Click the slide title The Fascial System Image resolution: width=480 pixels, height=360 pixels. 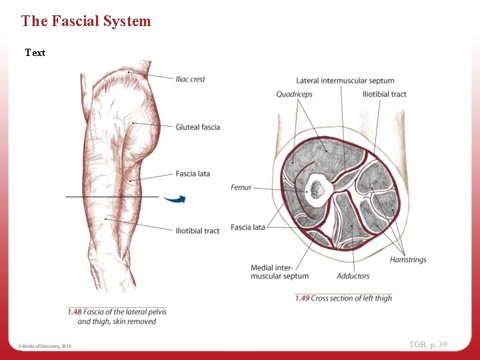[86, 21]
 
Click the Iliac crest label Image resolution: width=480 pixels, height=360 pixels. [190, 79]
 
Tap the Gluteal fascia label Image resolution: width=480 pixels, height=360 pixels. [197, 127]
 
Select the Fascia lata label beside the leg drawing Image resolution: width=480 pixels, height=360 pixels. [193, 174]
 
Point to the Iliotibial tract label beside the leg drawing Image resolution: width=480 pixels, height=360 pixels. [197, 231]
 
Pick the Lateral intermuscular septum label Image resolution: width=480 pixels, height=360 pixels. [345, 81]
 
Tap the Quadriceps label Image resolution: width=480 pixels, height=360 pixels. [294, 95]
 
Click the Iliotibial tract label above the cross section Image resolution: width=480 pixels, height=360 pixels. [384, 95]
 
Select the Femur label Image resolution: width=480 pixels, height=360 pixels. [241, 188]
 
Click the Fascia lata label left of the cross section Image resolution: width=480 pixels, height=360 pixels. [247, 227]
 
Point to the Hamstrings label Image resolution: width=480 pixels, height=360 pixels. [408, 260]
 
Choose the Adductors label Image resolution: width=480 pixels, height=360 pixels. [353, 276]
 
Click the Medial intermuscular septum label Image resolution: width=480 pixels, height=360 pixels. [279, 272]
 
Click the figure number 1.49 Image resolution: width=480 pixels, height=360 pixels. [302, 298]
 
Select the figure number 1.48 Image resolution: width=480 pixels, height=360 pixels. [74, 311]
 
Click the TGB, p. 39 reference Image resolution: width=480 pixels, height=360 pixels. [428, 345]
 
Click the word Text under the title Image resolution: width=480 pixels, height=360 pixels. [35, 53]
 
